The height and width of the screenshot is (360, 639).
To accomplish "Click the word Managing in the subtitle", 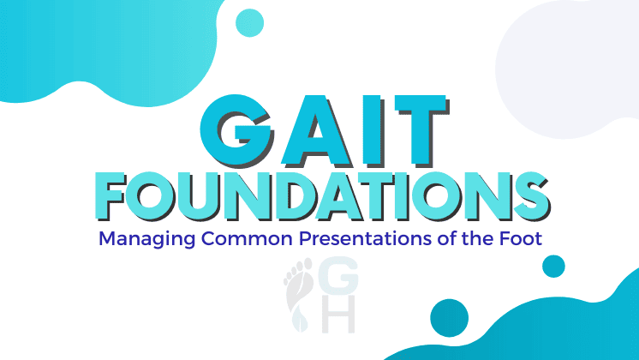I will click(137, 239).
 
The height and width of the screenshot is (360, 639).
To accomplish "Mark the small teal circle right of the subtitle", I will click(554, 267).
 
